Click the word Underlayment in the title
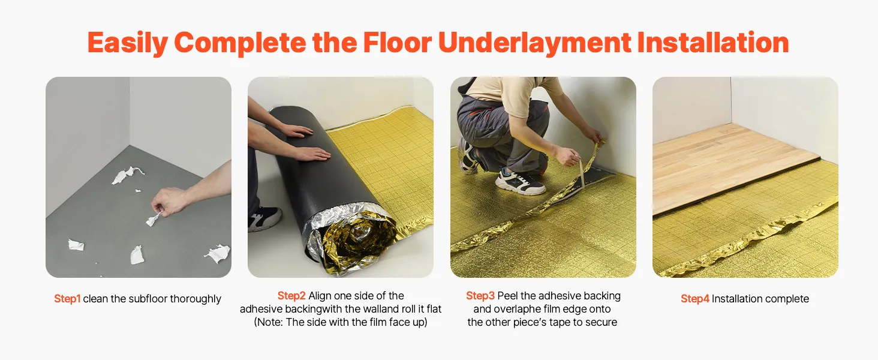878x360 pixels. (x=534, y=43)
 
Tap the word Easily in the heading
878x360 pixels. (x=128, y=43)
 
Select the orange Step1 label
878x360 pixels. (x=67, y=299)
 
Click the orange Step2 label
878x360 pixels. (x=291, y=296)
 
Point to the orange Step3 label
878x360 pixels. (x=480, y=296)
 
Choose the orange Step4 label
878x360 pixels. (x=695, y=299)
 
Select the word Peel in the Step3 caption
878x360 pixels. (x=507, y=296)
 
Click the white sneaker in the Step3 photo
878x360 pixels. (x=520, y=181)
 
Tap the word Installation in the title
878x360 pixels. (x=713, y=43)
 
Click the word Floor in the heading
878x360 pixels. (x=397, y=43)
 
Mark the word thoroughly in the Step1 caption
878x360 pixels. (x=196, y=299)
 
